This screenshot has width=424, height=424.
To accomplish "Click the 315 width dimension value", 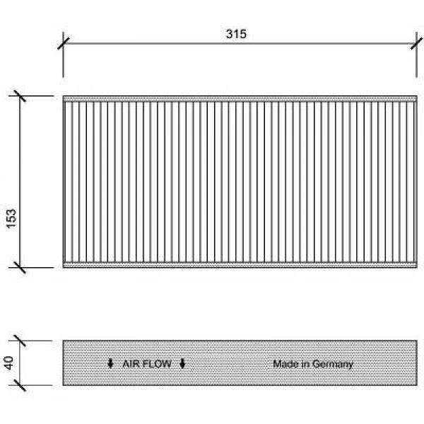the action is click(x=236, y=34).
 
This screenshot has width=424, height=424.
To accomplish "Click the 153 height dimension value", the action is click(x=11, y=218).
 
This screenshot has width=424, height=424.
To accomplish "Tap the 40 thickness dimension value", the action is click(x=8, y=363).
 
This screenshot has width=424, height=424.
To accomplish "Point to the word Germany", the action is click(x=333, y=365).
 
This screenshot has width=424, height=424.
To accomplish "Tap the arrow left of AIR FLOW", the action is click(x=110, y=364).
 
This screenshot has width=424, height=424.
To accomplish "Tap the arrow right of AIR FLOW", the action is click(x=182, y=364).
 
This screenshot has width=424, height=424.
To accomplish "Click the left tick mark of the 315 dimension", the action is click(x=64, y=43).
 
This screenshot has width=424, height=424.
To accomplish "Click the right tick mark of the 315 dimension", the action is click(x=416, y=43).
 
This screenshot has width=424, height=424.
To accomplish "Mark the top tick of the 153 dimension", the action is click(x=20, y=96).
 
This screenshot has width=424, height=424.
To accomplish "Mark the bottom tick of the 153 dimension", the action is click(x=20, y=267).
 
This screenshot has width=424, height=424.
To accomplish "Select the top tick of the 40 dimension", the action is click(x=20, y=341).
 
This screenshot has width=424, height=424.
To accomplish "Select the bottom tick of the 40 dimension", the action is click(x=20, y=385).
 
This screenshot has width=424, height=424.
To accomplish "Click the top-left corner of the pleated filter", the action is click(x=64, y=96).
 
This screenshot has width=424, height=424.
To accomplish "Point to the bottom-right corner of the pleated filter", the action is click(x=417, y=268).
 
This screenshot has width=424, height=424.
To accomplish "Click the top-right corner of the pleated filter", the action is click(x=417, y=96).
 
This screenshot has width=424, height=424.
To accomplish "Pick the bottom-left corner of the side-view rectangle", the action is click(x=64, y=385).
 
